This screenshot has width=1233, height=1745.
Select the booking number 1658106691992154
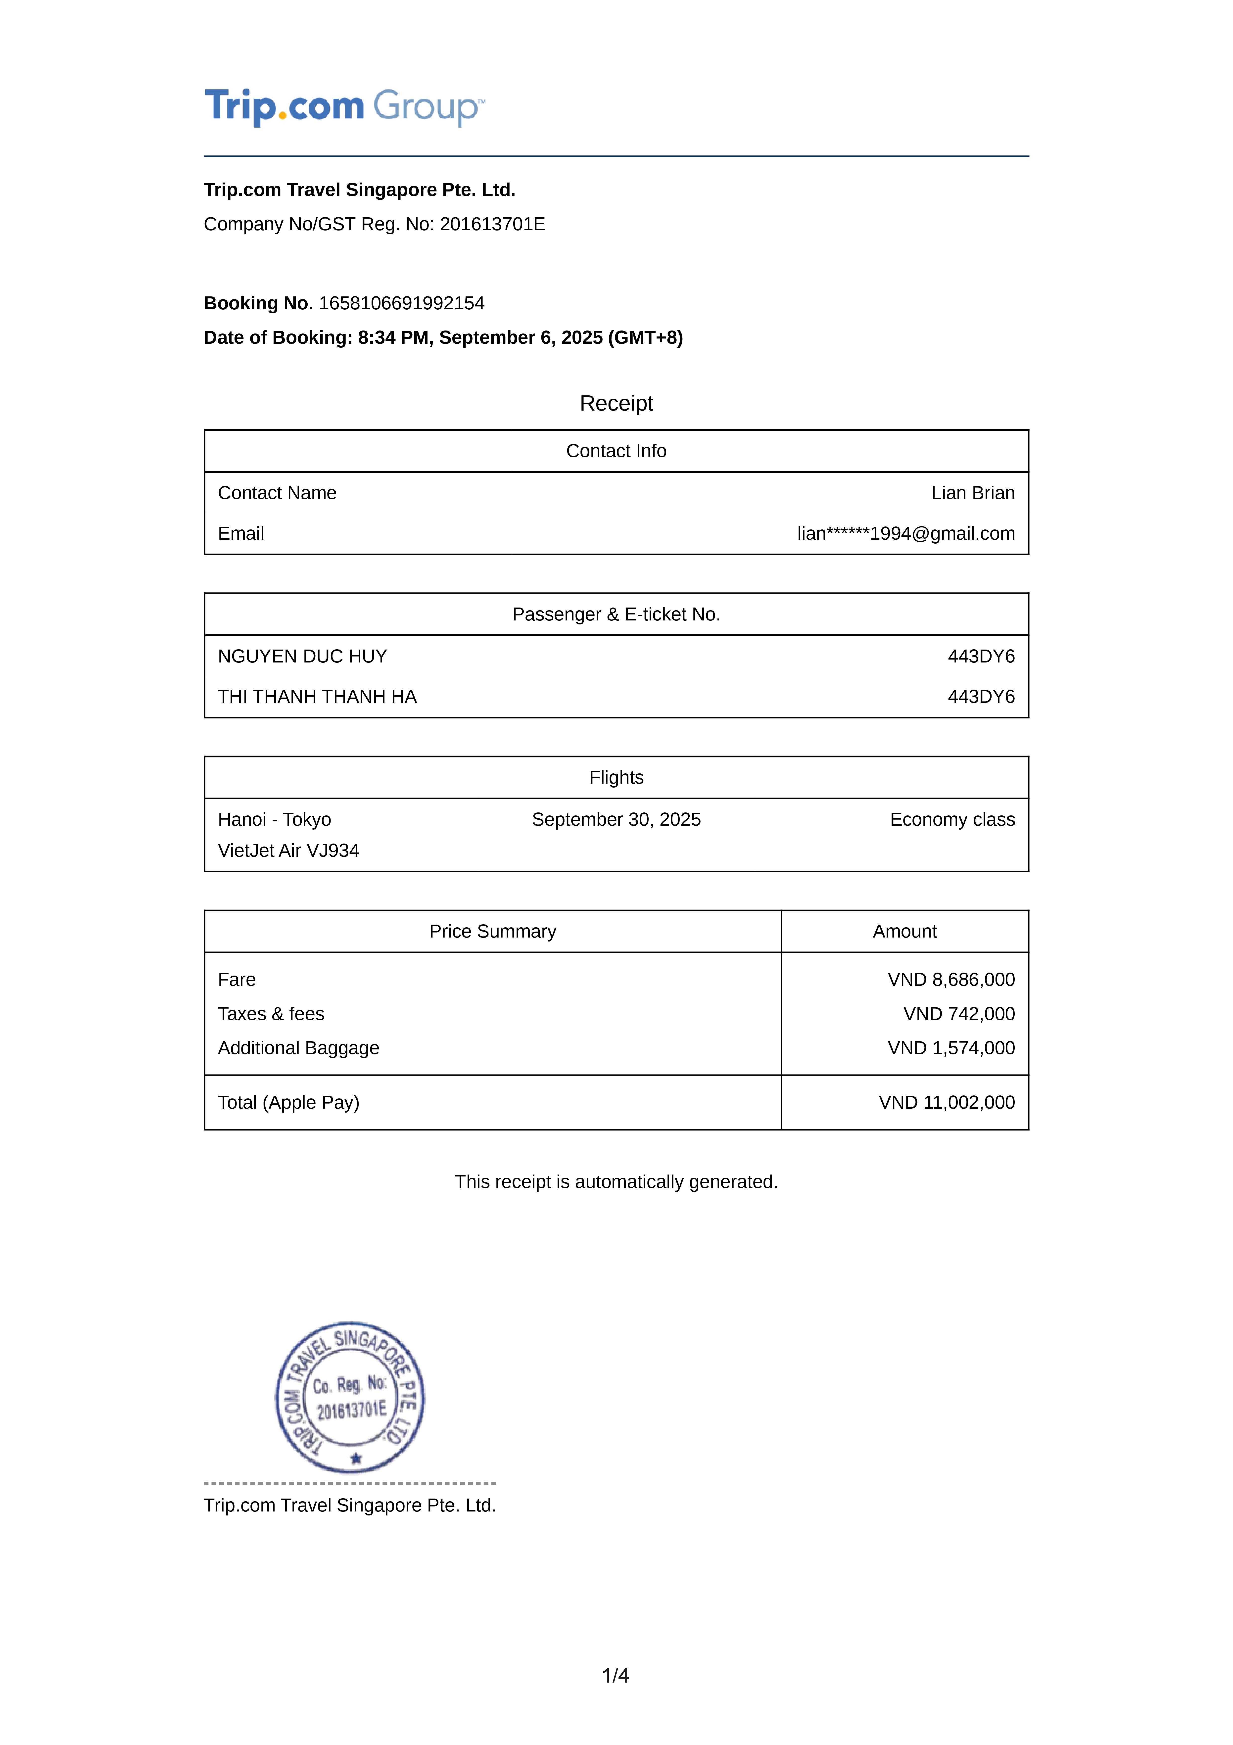[x=401, y=303]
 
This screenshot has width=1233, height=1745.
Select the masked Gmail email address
[x=905, y=533]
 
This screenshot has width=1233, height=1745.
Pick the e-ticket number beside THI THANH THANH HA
[x=981, y=697]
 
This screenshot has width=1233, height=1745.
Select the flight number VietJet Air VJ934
[x=288, y=850]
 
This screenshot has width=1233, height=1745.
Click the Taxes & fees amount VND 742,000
[x=959, y=1014]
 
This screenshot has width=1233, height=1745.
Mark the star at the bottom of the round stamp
[x=356, y=1459]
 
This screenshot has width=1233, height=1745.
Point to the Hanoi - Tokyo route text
[x=274, y=819]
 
